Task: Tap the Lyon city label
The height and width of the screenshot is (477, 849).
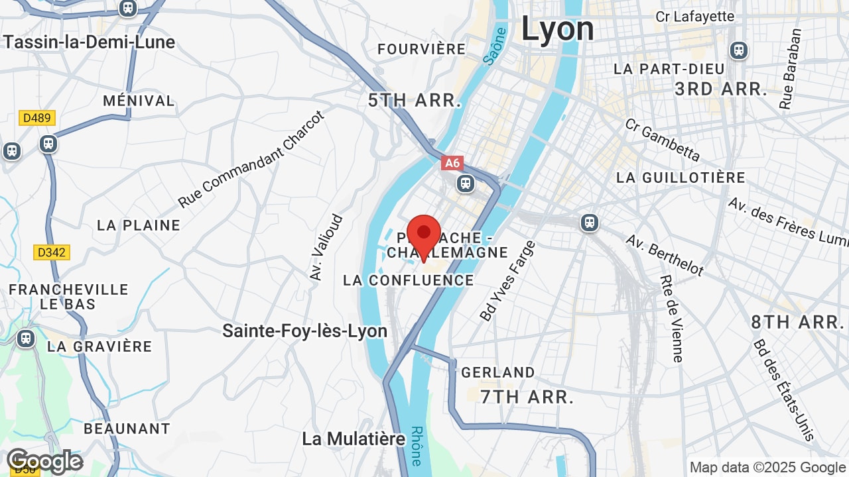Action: (557, 29)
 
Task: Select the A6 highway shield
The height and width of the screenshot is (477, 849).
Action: (452, 163)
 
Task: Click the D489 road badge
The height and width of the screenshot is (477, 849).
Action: (37, 118)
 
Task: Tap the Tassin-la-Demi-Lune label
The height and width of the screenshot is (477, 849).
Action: (89, 42)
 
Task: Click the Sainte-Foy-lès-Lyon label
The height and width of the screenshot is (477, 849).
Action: (304, 331)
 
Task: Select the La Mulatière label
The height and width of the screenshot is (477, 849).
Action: (354, 439)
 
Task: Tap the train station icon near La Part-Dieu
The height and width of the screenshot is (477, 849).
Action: (738, 50)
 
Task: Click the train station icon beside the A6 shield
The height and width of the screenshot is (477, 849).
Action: (466, 182)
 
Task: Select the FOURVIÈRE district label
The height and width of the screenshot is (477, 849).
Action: (422, 49)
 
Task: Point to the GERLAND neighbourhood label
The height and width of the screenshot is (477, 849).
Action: (497, 372)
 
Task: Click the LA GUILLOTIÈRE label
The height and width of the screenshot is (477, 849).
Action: (681, 178)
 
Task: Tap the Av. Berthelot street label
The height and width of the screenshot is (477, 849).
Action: (665, 254)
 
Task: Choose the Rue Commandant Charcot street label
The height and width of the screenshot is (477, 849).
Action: (252, 159)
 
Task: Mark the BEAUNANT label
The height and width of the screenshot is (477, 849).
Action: (127, 429)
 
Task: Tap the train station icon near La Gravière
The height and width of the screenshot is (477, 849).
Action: (26, 339)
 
